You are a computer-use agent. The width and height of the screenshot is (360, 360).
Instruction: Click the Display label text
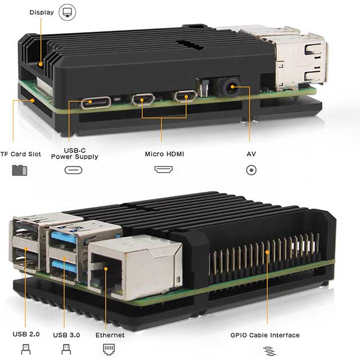(42, 12)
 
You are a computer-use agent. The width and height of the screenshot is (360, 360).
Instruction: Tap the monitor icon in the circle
(67, 12)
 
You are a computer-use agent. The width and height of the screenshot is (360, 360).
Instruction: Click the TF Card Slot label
(20, 154)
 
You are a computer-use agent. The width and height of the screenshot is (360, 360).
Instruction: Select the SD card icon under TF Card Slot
(20, 170)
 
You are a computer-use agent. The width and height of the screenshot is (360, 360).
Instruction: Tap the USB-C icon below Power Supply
(74, 170)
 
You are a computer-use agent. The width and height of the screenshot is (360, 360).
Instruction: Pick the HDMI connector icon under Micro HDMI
(164, 169)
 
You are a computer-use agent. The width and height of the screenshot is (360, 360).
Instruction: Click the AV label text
(251, 154)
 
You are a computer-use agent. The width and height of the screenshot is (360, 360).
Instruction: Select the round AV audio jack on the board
(231, 88)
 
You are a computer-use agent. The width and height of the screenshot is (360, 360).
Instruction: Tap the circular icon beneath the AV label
(251, 170)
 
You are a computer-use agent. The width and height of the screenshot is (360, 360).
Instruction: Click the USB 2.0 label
(26, 335)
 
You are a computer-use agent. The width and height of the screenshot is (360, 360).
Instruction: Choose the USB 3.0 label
(66, 335)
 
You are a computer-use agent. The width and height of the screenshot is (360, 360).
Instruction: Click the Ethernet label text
(110, 335)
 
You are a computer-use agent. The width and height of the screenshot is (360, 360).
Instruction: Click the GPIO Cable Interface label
(265, 335)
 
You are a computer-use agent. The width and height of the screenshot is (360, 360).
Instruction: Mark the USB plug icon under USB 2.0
(25, 349)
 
